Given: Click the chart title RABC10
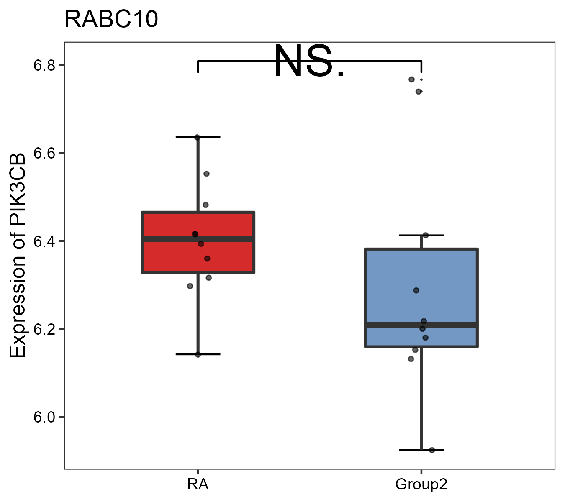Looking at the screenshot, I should point(111,19).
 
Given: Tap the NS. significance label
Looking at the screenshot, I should point(309,62).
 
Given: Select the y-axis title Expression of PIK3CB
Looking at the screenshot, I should point(18,255).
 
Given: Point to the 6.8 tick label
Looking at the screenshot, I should point(44,65).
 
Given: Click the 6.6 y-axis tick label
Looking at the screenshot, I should point(44,153).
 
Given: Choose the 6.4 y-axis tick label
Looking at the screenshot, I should point(44,241).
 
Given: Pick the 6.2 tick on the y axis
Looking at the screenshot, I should point(44,329).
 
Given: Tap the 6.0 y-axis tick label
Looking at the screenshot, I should point(44,417).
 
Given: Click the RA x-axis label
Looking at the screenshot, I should point(198,484).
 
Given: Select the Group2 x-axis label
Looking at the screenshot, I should point(421,484).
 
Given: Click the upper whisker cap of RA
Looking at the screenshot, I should point(198,137).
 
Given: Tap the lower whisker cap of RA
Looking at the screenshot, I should point(198,354).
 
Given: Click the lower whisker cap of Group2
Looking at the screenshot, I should point(421,450).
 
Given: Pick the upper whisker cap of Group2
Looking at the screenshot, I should point(421,236).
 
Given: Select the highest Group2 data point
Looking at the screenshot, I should point(411,79).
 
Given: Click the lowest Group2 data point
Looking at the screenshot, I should point(432,450).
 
